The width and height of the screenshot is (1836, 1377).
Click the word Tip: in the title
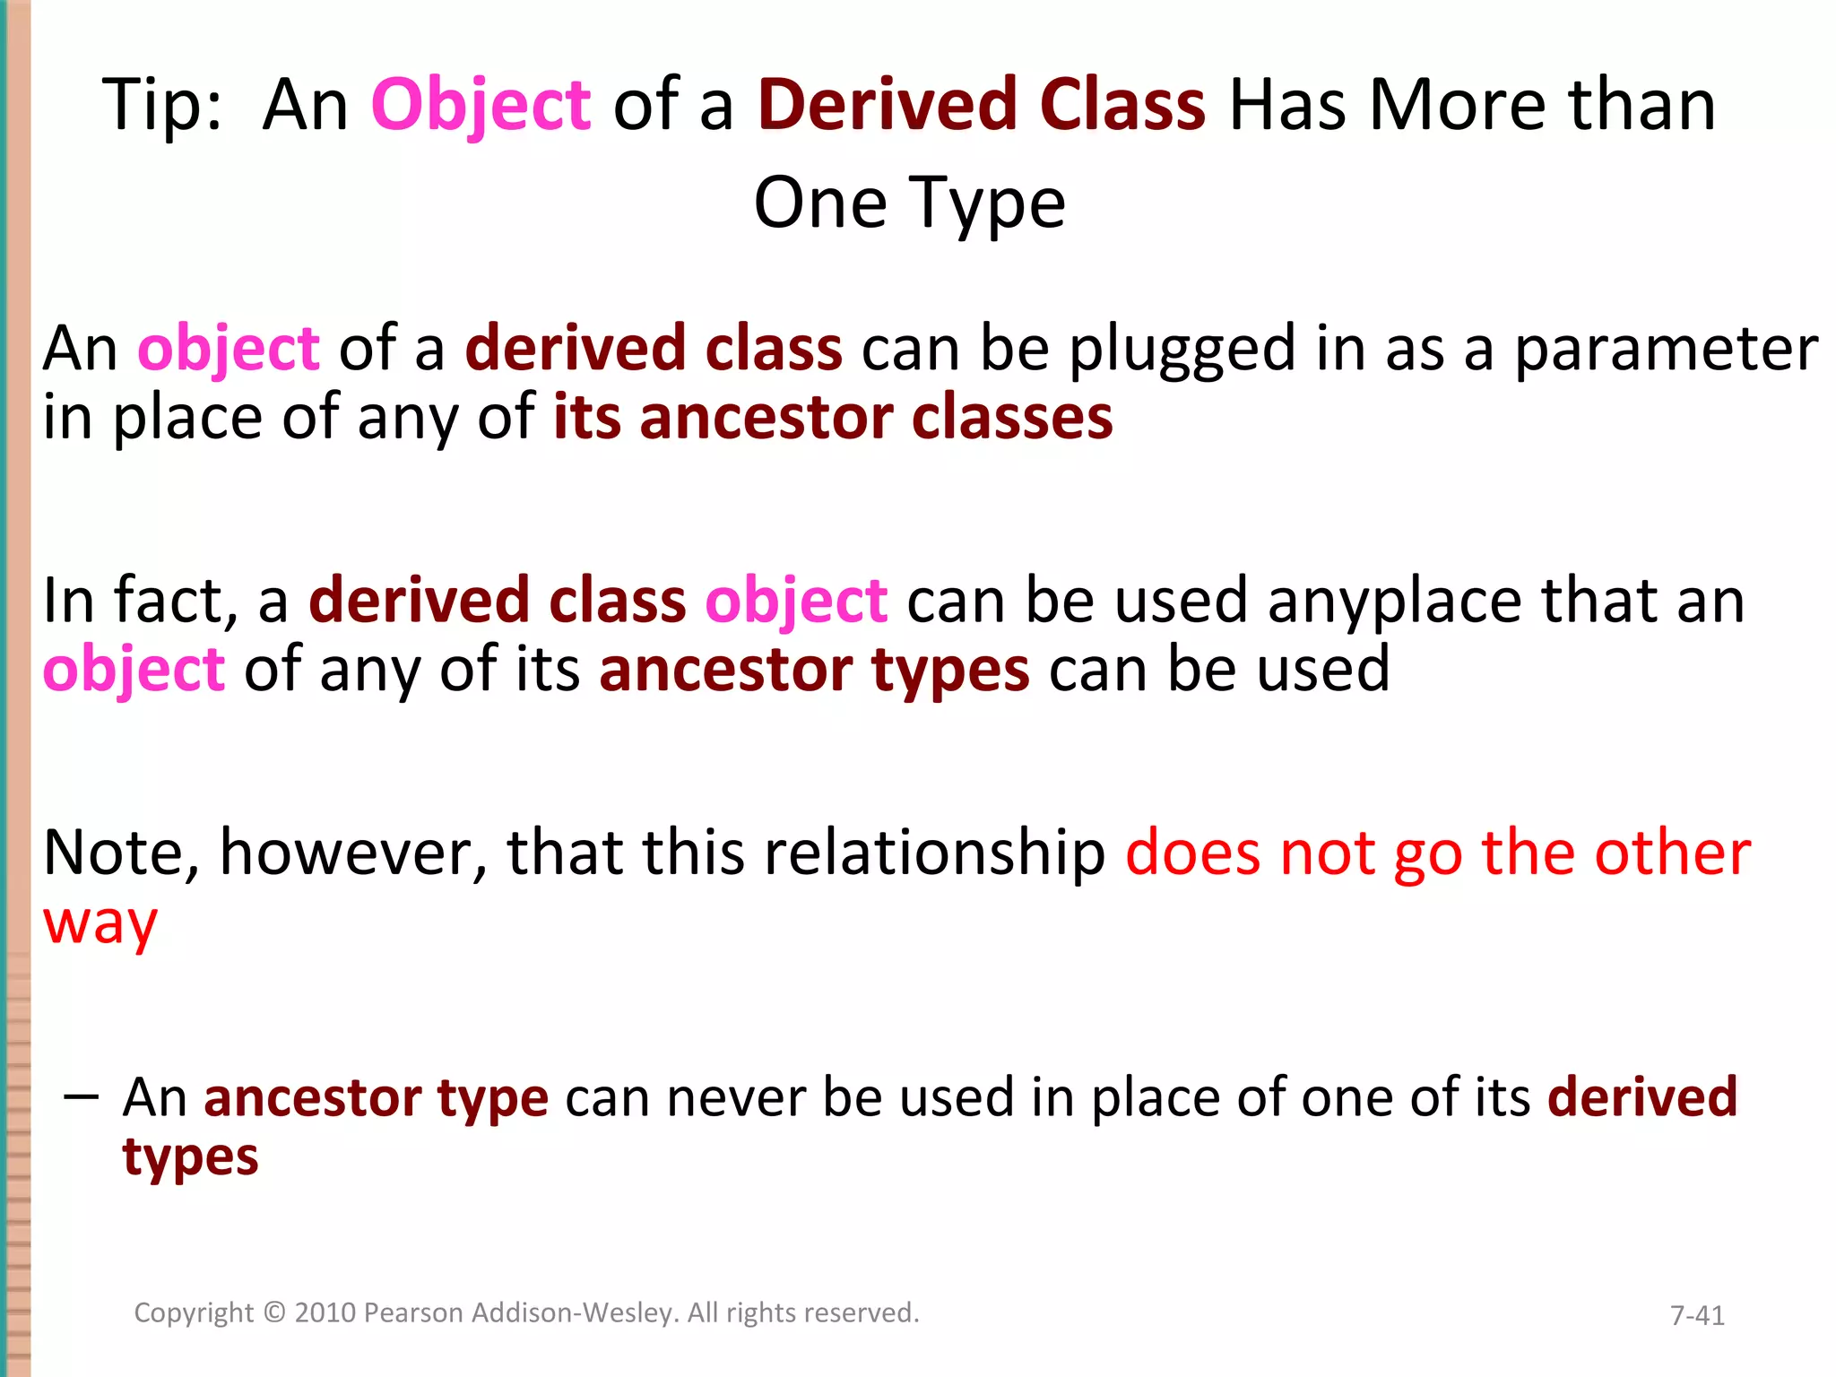[x=161, y=106]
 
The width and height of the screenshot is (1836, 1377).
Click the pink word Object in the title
[x=481, y=106]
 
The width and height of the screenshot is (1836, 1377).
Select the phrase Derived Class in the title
[x=981, y=106]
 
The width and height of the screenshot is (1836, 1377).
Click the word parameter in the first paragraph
[x=1666, y=350]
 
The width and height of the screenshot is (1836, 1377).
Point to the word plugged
[x=1182, y=350]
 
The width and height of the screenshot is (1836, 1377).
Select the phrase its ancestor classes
[x=833, y=419]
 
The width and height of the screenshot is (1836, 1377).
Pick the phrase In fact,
[x=140, y=601]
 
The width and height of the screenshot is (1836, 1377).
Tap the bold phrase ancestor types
[x=814, y=671]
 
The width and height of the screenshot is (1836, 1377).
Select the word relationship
[x=935, y=853]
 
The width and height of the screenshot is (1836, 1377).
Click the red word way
[x=100, y=923]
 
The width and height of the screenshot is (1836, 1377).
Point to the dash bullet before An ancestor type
[x=81, y=1096]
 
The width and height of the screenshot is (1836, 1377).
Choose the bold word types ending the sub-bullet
[x=190, y=1158]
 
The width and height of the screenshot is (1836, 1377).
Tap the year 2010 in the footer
[x=325, y=1313]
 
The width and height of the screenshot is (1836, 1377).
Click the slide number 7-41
[x=1696, y=1316]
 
